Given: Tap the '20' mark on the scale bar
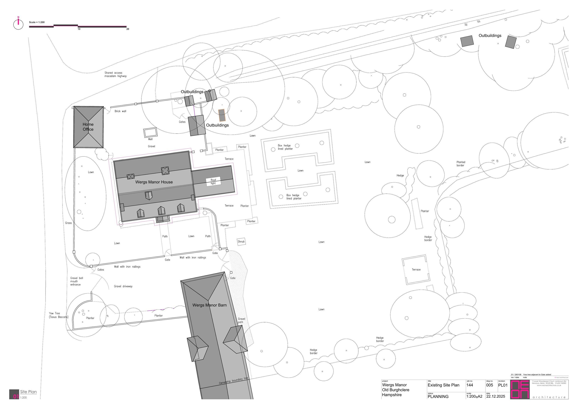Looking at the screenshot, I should [128, 29].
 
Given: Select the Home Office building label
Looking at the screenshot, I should [88, 127].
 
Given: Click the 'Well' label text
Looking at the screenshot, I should [150, 139].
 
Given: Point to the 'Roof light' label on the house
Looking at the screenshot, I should [213, 181].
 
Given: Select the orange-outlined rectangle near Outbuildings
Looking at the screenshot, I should [222, 115].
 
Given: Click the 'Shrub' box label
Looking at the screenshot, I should [241, 241].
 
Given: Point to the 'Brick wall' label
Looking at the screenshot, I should [120, 111].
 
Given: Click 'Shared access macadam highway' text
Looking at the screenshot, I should [116, 74].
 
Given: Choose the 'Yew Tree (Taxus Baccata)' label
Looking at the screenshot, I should [58, 315].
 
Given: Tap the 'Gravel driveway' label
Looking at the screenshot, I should [123, 286].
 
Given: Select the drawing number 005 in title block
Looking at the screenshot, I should [490, 385].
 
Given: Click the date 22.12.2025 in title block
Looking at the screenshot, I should [496, 396].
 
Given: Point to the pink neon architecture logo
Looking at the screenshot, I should [520, 390].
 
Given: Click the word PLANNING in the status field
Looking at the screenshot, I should [438, 396].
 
